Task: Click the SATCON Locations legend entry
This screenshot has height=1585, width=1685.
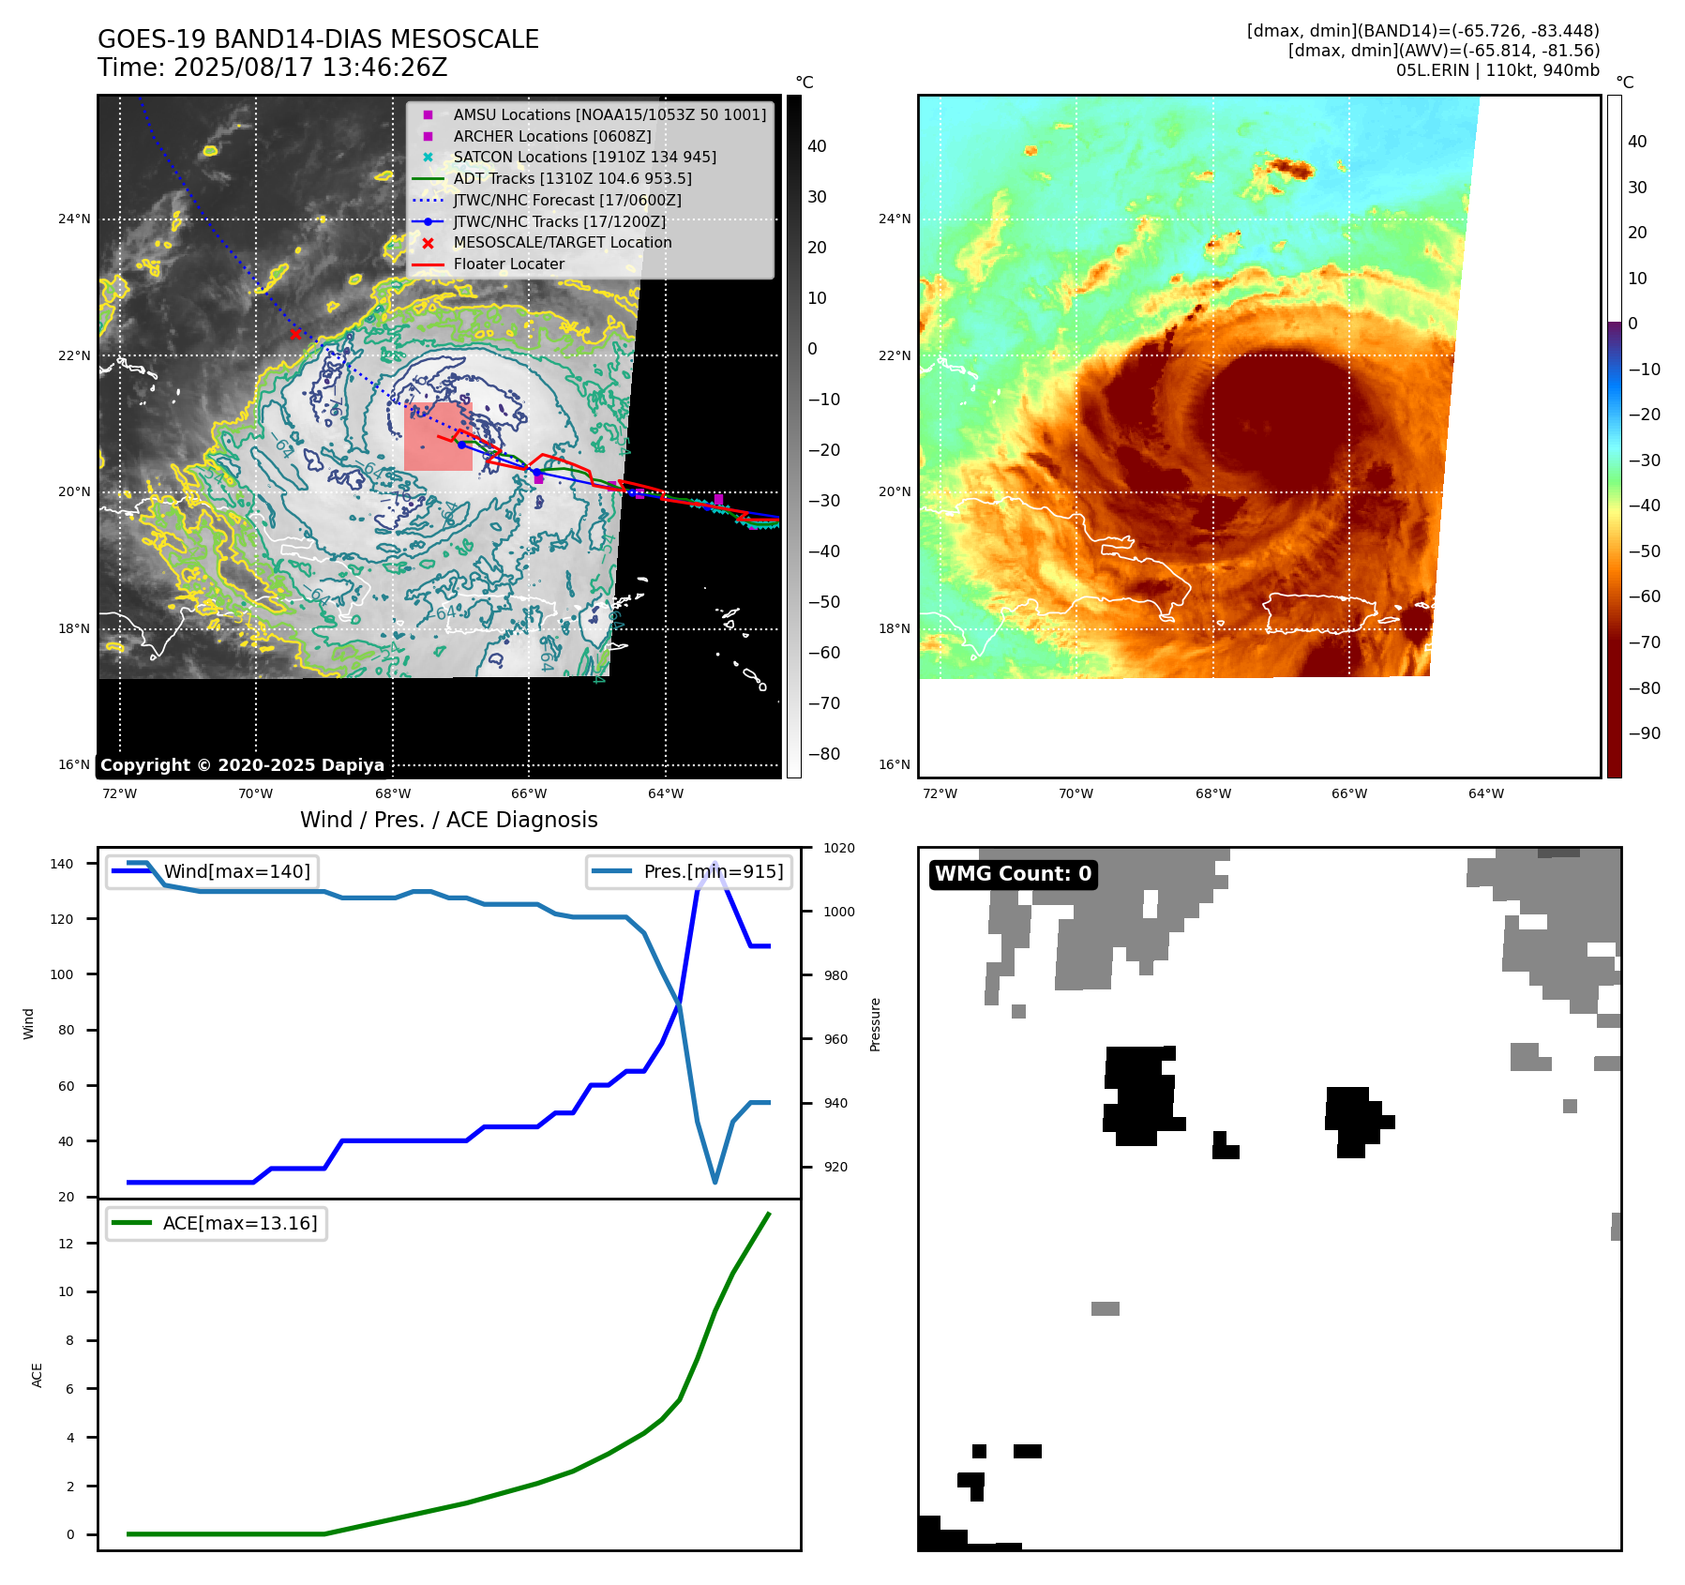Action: [x=584, y=158]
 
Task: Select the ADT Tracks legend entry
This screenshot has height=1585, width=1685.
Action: [x=572, y=178]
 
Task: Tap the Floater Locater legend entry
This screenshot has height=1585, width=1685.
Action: [x=508, y=264]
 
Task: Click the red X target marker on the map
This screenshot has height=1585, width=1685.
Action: [x=295, y=334]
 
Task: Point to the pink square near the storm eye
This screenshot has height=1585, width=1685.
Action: [x=438, y=437]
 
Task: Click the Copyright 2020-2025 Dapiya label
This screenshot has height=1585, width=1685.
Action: [x=242, y=765]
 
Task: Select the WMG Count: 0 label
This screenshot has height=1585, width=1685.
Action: [x=1013, y=874]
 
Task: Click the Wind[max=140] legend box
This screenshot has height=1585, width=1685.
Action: [x=212, y=871]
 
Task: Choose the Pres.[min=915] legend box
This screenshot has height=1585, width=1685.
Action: [x=689, y=871]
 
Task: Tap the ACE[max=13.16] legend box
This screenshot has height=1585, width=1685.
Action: [x=217, y=1223]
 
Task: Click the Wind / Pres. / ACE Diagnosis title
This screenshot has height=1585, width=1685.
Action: [x=448, y=820]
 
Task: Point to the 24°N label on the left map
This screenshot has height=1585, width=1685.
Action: [x=75, y=219]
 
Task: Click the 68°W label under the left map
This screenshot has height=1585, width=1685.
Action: [x=393, y=794]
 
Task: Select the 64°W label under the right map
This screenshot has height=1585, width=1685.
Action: [x=1486, y=794]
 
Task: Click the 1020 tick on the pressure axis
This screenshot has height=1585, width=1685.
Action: [x=839, y=849]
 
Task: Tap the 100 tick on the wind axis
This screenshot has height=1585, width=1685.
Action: [x=62, y=974]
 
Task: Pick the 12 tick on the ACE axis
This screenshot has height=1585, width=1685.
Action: [x=66, y=1244]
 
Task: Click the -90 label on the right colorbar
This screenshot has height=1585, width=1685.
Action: [x=1644, y=733]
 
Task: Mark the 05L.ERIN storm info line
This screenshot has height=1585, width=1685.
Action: [x=1497, y=70]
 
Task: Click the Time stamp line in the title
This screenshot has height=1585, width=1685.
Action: [x=273, y=68]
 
